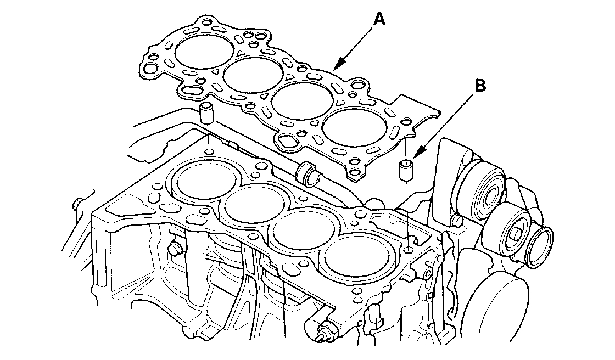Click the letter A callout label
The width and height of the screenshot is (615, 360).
379,19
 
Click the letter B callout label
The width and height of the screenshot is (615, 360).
479,86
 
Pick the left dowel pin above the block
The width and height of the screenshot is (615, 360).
206,112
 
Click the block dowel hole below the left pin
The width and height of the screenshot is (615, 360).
209,151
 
